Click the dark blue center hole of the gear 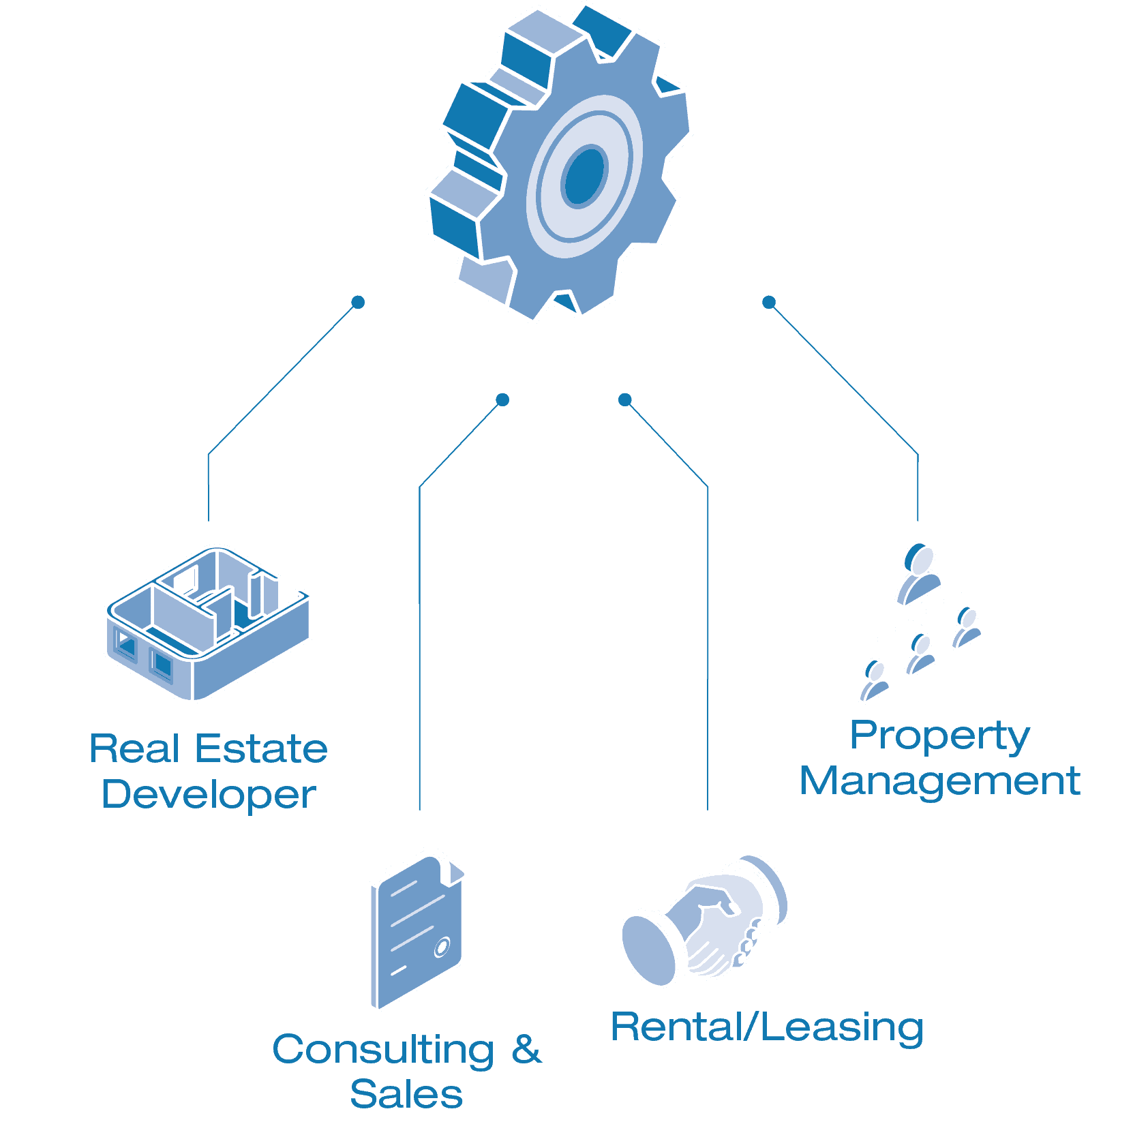(x=584, y=176)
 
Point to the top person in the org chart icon (x=919, y=573)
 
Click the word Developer (x=209, y=795)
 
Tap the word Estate (x=261, y=749)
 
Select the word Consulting (x=383, y=1050)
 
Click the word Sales (x=406, y=1095)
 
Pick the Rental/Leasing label (x=767, y=1027)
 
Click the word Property (x=939, y=737)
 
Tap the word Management (x=939, y=781)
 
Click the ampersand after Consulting (x=526, y=1050)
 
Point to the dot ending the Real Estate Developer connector (x=358, y=302)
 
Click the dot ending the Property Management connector (x=769, y=302)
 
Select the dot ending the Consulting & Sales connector (x=502, y=399)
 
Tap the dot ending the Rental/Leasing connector (x=624, y=399)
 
